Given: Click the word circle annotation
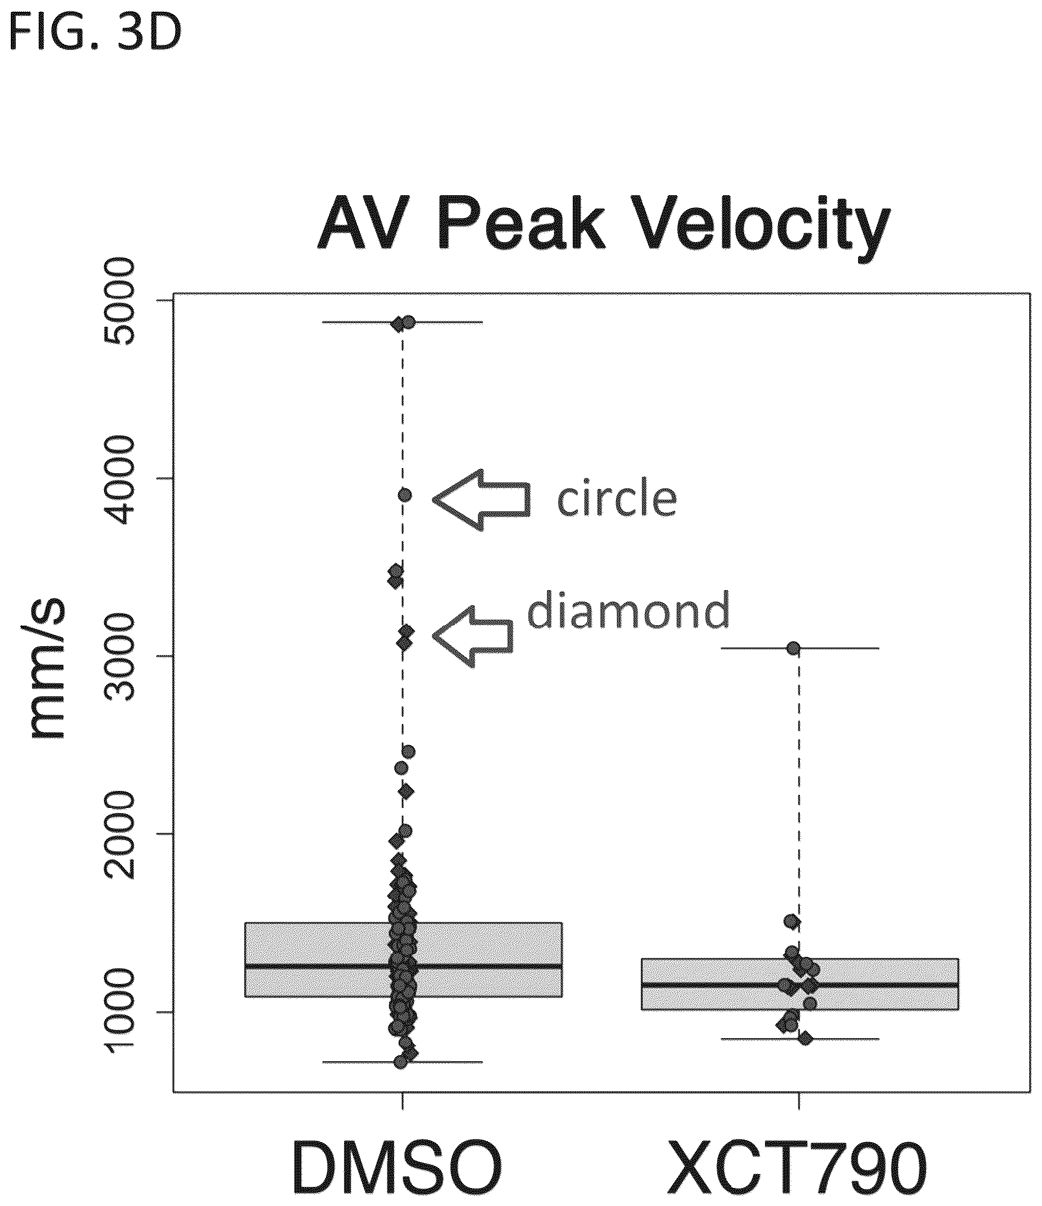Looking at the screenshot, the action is pos(617,499).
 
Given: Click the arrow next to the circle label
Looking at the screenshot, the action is pos(482,499).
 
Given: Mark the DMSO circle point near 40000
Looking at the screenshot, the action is pos(405,495).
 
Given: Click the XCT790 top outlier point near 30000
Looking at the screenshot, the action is pos(793,648).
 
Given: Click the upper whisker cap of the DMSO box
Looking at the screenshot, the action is pos(402,322).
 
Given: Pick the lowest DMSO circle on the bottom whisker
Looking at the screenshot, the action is pos(401,1062).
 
